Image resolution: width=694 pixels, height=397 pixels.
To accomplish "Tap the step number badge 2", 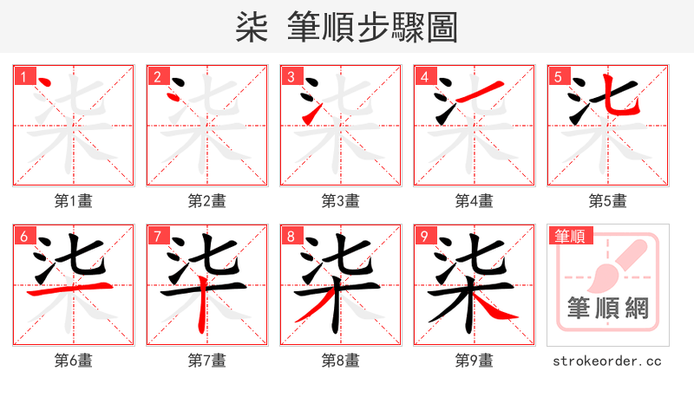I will click(157, 76).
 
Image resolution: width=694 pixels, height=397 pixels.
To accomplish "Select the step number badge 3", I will click(291, 76).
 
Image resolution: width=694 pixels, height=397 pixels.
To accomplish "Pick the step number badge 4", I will click(424, 76).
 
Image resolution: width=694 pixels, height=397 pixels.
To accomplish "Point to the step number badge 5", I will click(558, 76).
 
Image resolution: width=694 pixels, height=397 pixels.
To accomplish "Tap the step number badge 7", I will click(157, 236).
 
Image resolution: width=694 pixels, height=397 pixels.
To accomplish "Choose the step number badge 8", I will click(291, 236).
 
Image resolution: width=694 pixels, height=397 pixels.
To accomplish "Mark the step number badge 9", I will click(424, 236).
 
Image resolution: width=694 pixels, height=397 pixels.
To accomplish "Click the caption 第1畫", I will click(73, 201).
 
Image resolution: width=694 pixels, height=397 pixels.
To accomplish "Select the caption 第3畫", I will click(340, 201).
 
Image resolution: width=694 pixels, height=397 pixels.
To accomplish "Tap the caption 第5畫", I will click(607, 201).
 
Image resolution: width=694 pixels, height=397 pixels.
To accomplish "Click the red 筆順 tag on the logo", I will click(569, 235).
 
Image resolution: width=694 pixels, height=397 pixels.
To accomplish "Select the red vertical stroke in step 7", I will click(201, 308).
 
